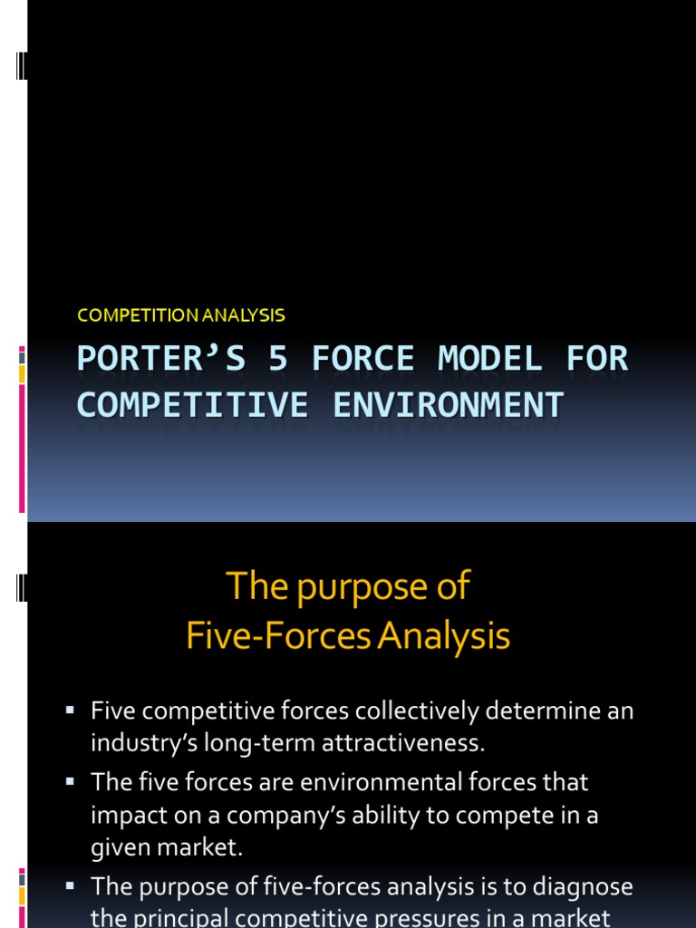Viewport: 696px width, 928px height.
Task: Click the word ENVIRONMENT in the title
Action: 448,404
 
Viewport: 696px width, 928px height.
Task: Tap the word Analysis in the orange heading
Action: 444,636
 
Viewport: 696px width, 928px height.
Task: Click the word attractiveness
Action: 400,744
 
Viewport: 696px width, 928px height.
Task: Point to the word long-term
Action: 267,744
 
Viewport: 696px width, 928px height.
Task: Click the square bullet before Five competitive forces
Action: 69,709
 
